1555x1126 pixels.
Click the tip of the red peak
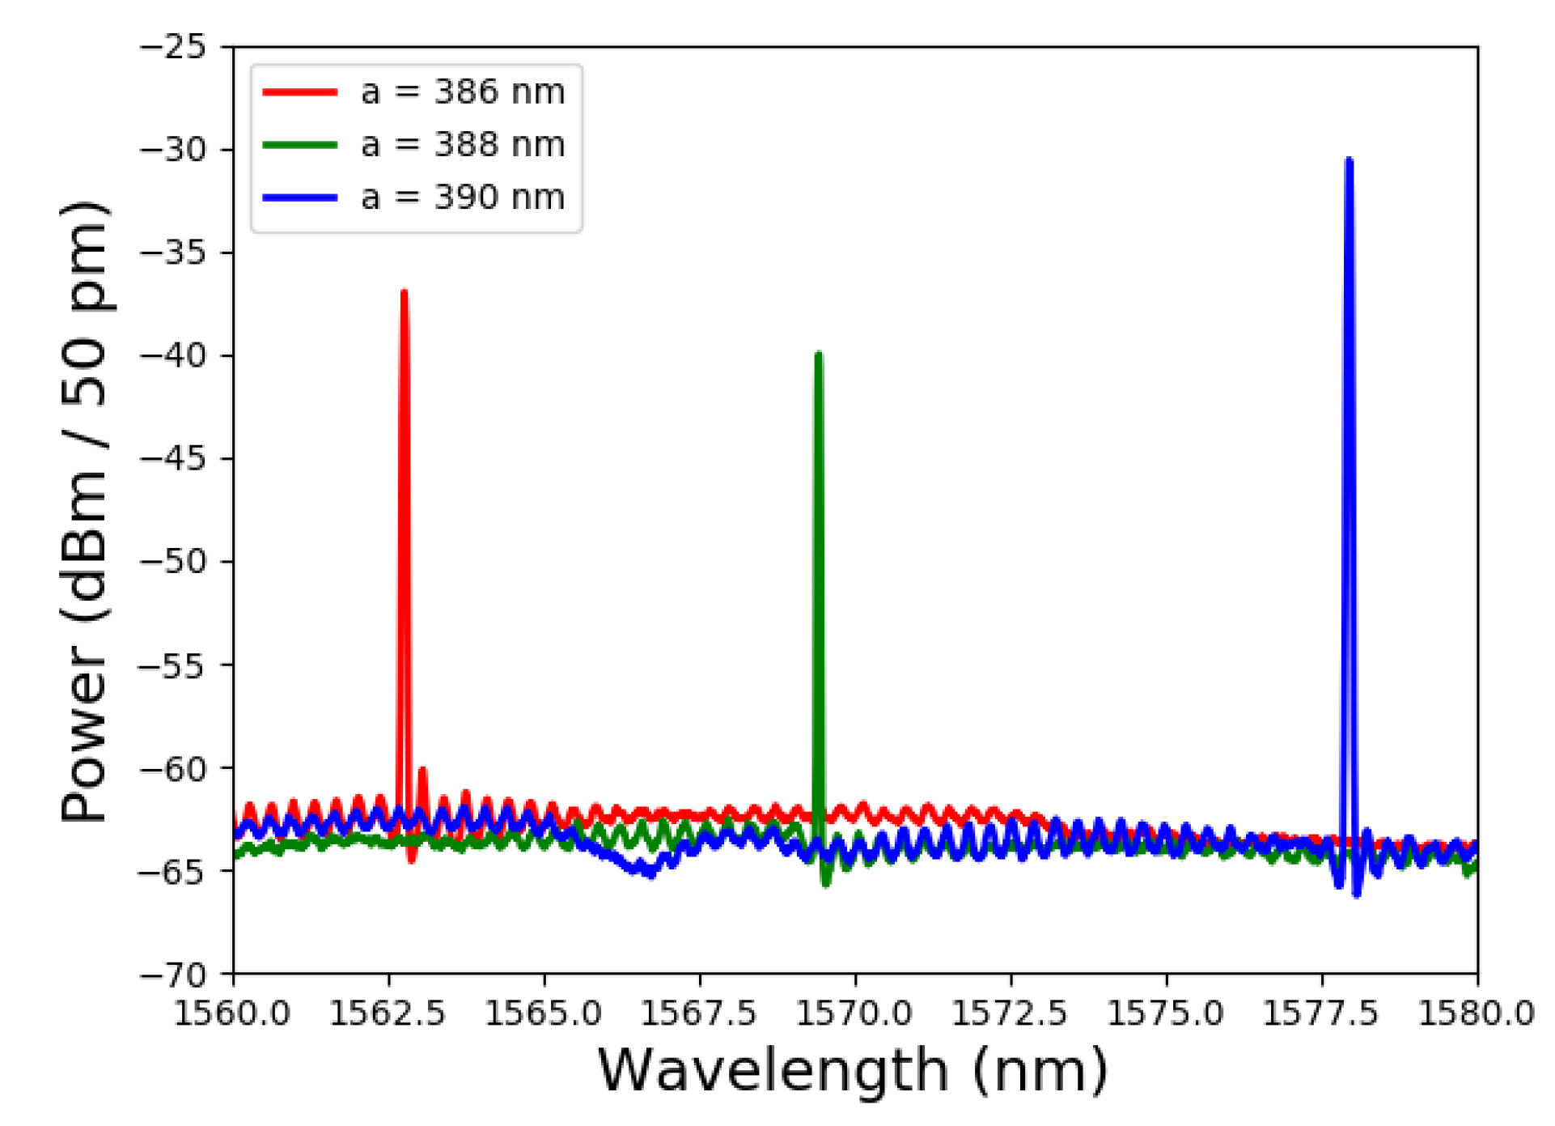tap(404, 291)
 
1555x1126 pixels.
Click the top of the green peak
tap(819, 354)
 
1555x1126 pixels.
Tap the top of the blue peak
tap(1349, 160)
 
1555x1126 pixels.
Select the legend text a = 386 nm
tap(462, 92)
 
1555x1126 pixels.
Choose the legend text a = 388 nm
tap(462, 145)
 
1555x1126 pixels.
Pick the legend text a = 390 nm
tap(462, 198)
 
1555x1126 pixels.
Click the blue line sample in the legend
tap(299, 198)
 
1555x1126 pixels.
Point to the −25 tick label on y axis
tap(173, 47)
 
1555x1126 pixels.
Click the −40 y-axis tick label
tap(173, 355)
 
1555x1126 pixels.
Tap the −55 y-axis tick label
tap(173, 665)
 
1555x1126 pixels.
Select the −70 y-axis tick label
tap(173, 974)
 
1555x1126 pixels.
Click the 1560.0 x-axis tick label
tap(233, 1013)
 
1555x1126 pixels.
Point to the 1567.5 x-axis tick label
tap(699, 1013)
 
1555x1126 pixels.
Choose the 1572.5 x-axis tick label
tap(1010, 1013)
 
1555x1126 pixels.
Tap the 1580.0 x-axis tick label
tap(1476, 1013)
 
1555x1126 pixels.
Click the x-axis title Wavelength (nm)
tap(853, 1070)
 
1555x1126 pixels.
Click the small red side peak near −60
tap(422, 770)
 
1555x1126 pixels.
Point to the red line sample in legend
tap(299, 92)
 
